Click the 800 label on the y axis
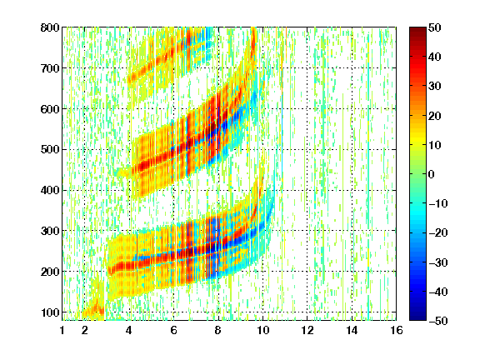click(50, 27)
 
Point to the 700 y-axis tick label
click(50, 68)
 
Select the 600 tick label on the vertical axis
click(50, 109)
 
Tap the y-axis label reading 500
click(50, 150)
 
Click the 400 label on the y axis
click(50, 190)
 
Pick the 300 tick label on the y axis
click(50, 231)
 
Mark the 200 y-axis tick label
click(50, 272)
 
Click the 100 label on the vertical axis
click(50, 312)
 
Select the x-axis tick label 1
click(62, 330)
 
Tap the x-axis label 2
click(85, 330)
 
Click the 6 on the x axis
click(173, 330)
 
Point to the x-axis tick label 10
click(262, 330)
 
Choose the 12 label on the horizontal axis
click(307, 330)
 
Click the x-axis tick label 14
click(352, 330)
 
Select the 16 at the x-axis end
click(397, 330)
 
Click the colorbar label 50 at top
click(435, 27)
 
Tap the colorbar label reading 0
click(432, 174)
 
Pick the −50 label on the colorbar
click(438, 321)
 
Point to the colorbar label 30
click(435, 87)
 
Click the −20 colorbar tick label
click(438, 233)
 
